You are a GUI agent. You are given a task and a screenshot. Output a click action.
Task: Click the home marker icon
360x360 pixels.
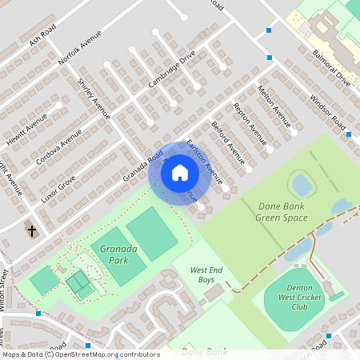(x=180, y=173)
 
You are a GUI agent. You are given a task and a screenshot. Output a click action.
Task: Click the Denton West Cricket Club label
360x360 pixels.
(x=298, y=302)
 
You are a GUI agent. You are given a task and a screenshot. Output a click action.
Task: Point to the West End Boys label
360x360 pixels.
(x=206, y=276)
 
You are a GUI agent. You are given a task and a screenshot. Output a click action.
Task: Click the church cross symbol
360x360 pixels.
(x=32, y=231)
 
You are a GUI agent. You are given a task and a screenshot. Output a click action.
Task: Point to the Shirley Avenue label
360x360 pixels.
(x=94, y=98)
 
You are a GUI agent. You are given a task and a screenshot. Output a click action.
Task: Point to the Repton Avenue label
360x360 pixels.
(x=249, y=125)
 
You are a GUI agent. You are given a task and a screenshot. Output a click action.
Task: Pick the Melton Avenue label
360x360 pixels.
(x=273, y=107)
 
